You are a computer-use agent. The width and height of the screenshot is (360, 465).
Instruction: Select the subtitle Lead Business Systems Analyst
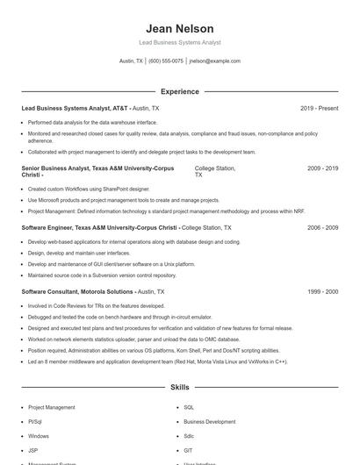point(180,42)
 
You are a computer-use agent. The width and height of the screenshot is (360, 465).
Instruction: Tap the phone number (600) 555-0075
point(166,61)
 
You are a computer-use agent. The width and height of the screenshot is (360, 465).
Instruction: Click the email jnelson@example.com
point(214,61)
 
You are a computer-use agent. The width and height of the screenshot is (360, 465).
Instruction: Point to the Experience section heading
point(180,91)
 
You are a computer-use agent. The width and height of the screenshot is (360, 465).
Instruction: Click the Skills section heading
point(180,387)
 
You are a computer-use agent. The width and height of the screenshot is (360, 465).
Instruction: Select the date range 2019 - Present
point(319,108)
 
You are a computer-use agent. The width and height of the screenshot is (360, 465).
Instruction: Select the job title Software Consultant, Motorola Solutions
point(77,290)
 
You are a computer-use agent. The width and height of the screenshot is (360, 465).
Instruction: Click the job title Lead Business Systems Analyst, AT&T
point(75,108)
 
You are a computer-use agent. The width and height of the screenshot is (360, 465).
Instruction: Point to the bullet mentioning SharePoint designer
point(78,189)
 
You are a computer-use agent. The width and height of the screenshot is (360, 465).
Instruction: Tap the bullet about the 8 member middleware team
point(145,361)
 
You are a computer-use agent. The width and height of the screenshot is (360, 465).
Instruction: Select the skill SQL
point(189,407)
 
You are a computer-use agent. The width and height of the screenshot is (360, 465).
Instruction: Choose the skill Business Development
point(209,421)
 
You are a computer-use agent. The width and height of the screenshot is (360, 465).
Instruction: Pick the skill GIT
point(189,449)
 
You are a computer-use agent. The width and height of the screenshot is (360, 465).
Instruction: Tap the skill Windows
point(39,435)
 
